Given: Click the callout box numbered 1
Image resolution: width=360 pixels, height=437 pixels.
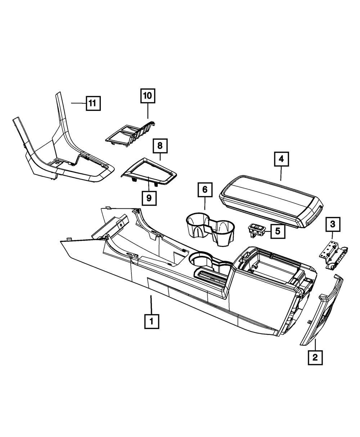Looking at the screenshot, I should point(152,321).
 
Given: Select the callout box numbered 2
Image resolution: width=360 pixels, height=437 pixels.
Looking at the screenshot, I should point(315,357).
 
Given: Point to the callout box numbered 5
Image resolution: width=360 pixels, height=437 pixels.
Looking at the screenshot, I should point(278,231).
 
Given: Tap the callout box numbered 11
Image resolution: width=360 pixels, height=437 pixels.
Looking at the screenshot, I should point(93,104).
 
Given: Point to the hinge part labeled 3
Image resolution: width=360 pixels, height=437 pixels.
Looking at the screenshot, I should point(333,254).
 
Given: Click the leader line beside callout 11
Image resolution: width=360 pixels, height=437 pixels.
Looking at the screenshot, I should point(78,103).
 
